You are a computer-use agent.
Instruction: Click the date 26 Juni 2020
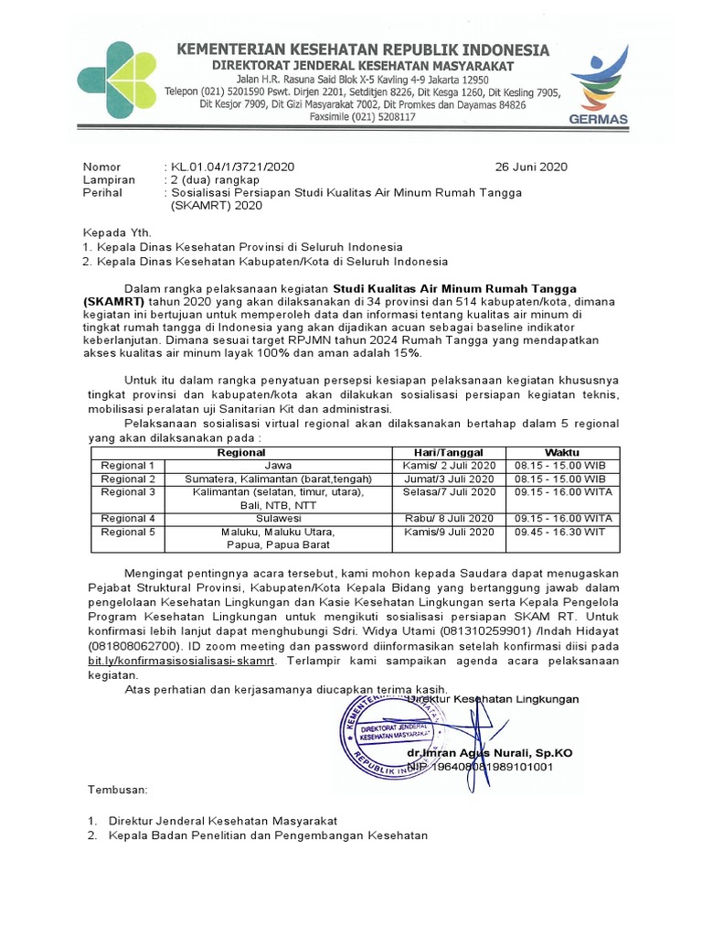531,167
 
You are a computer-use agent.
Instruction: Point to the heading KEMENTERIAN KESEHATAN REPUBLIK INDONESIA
362,49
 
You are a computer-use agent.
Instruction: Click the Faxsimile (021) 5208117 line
363,117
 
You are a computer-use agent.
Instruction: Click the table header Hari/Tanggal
449,453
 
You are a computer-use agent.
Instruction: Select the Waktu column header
562,453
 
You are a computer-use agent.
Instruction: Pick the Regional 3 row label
128,492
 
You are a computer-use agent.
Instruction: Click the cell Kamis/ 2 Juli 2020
449,466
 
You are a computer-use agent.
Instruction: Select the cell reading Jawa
278,466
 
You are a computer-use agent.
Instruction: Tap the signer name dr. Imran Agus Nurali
490,752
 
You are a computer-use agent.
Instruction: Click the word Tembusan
116,789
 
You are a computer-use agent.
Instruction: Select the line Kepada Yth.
117,232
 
